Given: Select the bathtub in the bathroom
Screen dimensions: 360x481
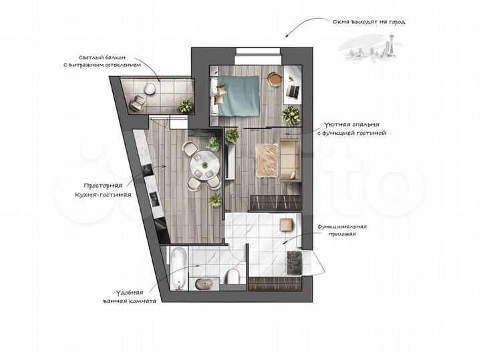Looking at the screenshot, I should [x=178, y=268].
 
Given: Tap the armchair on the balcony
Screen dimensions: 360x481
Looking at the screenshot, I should [x=138, y=102].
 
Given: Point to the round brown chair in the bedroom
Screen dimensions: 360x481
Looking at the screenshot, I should [x=275, y=79].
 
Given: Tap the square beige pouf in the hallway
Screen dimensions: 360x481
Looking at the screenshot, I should [x=286, y=224].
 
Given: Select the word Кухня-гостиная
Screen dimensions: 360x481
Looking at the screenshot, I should [x=103, y=194].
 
